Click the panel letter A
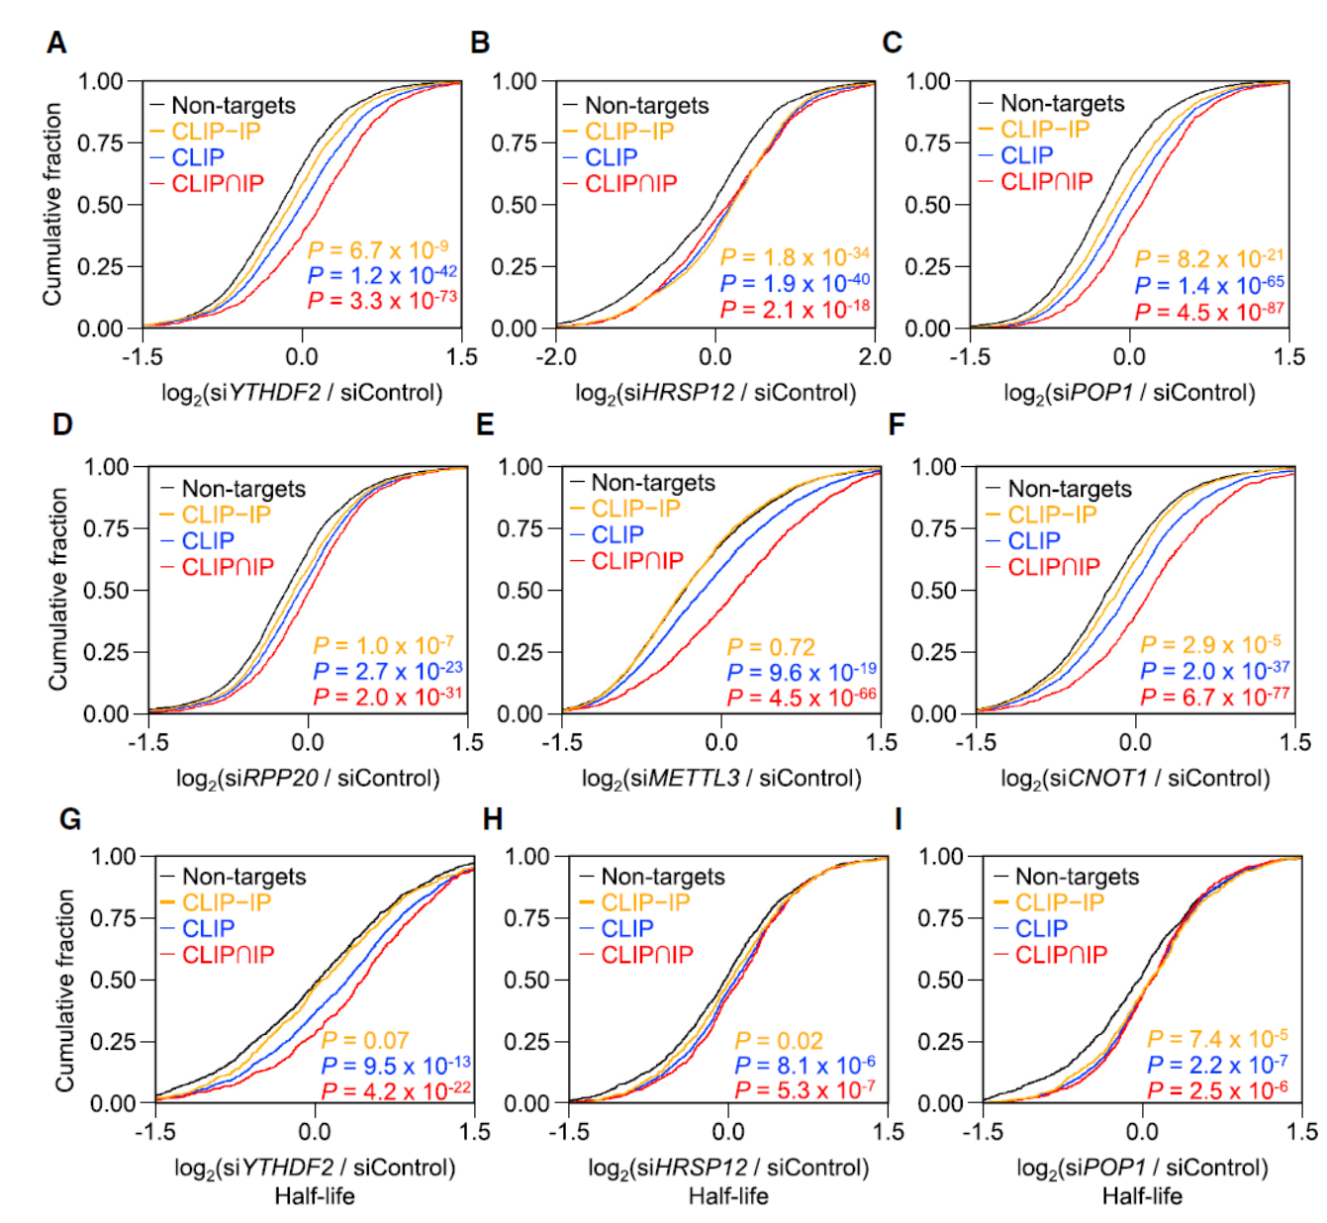tap(57, 44)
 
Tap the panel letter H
tap(492, 820)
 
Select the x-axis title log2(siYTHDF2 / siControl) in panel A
tap(302, 393)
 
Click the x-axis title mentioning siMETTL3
tap(721, 778)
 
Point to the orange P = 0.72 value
tap(771, 647)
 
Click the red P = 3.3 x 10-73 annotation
tap(382, 300)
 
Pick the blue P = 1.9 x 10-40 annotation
tap(795, 283)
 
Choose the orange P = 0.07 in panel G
tap(365, 1040)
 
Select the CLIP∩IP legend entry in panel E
tap(637, 561)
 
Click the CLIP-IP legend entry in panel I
tap(1059, 902)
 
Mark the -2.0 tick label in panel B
tap(556, 357)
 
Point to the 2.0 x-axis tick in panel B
tap(875, 357)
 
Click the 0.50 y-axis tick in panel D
tap(107, 591)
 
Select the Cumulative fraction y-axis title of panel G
tap(65, 989)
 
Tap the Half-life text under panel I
tap(1142, 1196)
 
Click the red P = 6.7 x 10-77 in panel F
tap(1214, 697)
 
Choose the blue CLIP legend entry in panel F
tap(1033, 541)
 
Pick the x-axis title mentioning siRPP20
tap(308, 778)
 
